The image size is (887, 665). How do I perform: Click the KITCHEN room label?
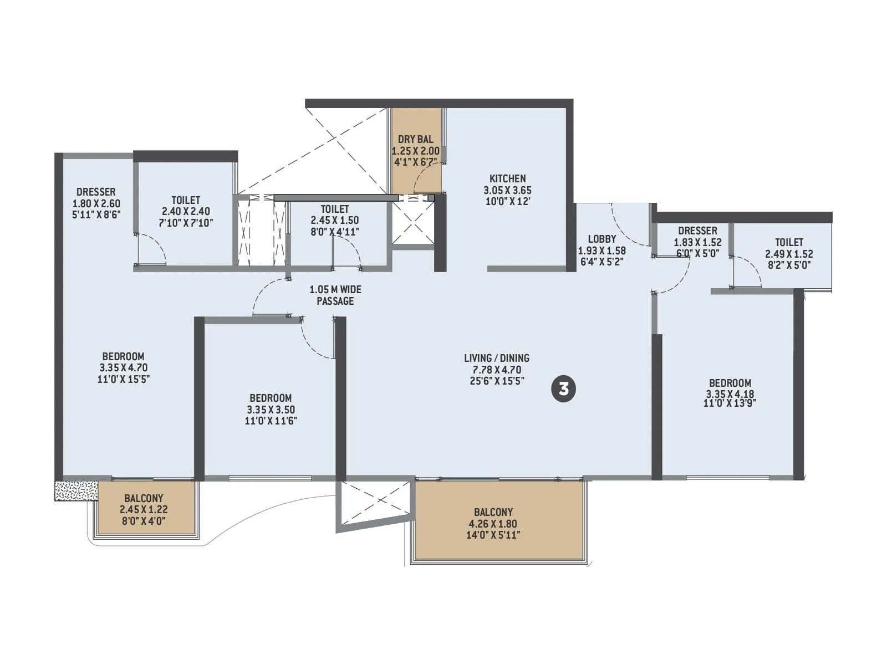tap(507, 178)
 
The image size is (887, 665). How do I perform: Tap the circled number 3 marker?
tap(563, 388)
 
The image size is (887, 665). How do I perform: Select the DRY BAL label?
tap(415, 139)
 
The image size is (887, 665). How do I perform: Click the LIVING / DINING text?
tap(496, 358)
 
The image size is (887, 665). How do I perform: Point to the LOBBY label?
tap(601, 239)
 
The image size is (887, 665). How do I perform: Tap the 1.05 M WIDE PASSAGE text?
tap(335, 295)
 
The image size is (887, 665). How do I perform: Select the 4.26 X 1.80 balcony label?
tap(493, 524)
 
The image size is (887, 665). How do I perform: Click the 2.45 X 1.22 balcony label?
tap(144, 509)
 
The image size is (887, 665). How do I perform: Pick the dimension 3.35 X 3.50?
tap(271, 410)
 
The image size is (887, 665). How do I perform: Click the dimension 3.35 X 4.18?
tap(730, 394)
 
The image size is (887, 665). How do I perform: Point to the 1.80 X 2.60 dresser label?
tap(96, 203)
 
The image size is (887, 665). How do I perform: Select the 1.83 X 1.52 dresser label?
tap(697, 242)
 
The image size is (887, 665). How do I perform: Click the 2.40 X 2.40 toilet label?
tap(186, 211)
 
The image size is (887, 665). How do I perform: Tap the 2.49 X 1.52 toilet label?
tap(789, 254)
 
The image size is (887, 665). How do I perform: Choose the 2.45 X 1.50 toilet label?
tap(334, 220)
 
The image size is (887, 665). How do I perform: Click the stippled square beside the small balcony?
tap(76, 491)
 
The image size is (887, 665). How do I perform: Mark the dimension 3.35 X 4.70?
tap(123, 367)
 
